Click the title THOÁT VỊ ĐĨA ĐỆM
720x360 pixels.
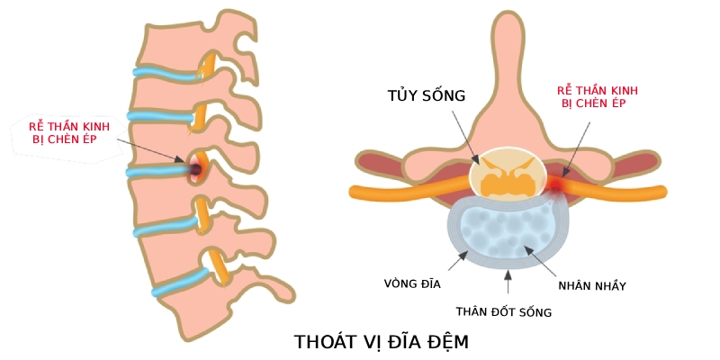[x=382, y=343]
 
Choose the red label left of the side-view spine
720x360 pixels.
[x=62, y=134]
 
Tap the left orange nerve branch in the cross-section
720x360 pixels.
[x=405, y=192]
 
